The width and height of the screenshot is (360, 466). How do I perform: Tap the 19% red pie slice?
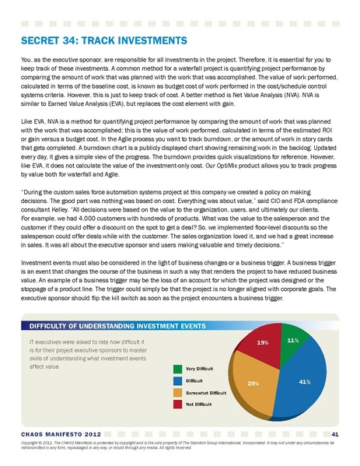(x=264, y=346)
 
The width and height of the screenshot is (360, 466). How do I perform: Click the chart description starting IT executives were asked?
(x=85, y=352)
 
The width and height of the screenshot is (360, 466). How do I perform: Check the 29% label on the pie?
(x=253, y=384)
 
